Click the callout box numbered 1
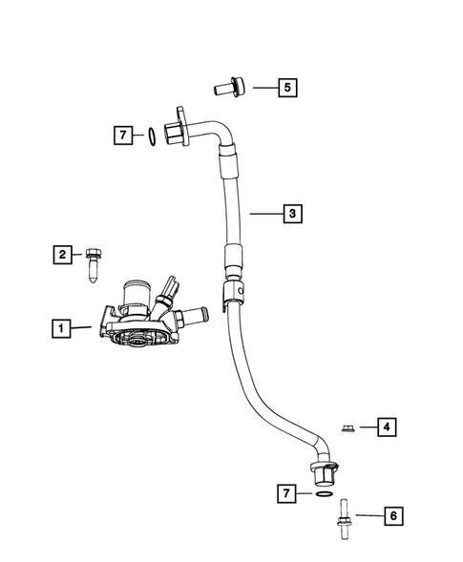click(x=60, y=329)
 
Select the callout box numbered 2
click(x=61, y=254)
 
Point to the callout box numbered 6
click(x=390, y=516)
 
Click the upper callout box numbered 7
click(x=122, y=135)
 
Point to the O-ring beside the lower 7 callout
click(x=324, y=494)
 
